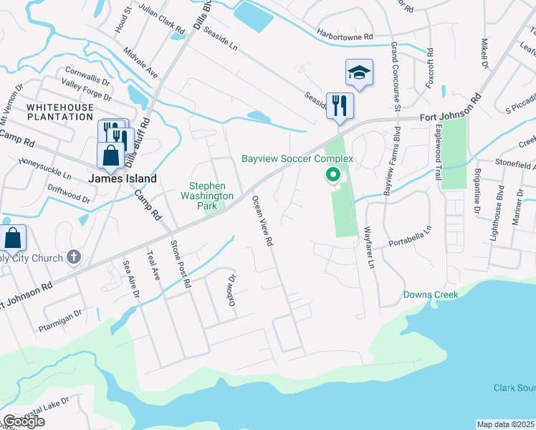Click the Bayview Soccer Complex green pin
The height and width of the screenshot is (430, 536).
333,174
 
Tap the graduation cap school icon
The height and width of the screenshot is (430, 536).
359,72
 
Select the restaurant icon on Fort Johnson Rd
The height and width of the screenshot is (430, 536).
339,105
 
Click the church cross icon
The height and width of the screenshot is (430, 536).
73,257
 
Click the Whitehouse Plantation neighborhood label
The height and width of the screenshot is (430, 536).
59,112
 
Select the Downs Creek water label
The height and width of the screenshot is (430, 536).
430,295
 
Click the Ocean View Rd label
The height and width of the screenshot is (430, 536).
261,222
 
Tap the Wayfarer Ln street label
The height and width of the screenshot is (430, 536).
370,247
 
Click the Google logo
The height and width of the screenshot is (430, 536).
24,421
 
